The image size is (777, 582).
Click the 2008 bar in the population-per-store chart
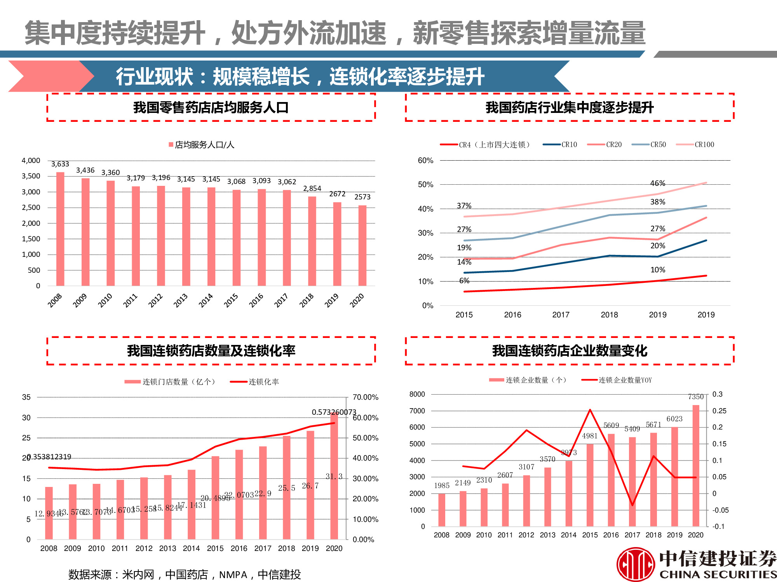60,229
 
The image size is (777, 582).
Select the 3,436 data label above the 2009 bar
85,170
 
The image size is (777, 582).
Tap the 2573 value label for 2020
362,197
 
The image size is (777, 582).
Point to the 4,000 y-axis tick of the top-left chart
31,161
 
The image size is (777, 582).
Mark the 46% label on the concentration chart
658,183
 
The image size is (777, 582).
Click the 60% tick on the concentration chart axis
425,161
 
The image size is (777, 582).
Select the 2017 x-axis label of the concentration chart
561,315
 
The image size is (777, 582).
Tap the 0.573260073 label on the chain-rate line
334,412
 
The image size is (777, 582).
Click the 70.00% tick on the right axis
365,397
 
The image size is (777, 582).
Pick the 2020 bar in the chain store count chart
334,477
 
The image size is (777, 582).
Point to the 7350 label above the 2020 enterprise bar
695,397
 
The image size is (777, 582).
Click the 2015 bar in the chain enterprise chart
590,485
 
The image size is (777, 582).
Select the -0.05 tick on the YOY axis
720,510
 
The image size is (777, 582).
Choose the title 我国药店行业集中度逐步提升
570,107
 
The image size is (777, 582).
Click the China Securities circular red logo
636,565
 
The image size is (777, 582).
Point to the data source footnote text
185,574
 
